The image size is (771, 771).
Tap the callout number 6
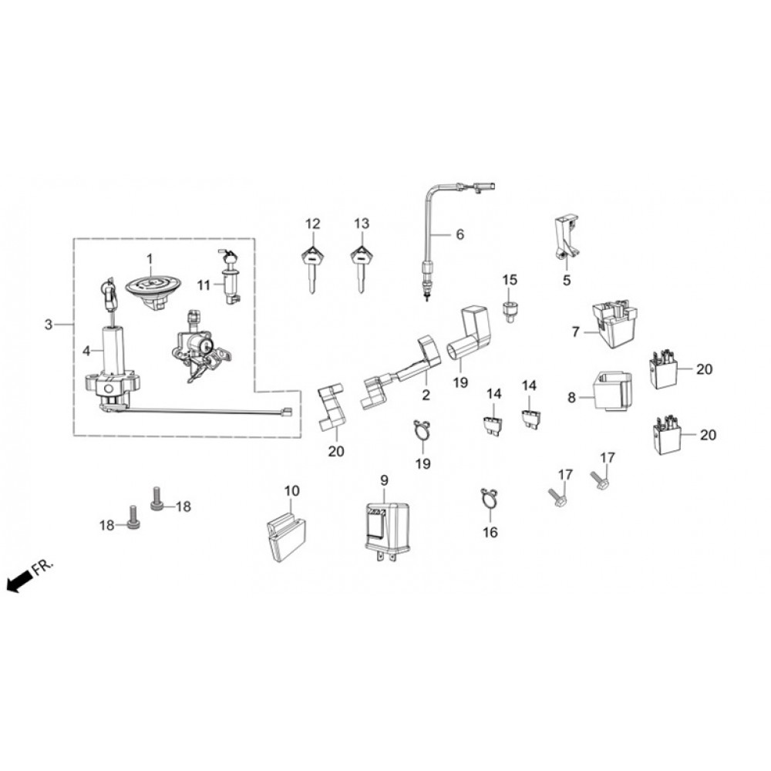point(460,234)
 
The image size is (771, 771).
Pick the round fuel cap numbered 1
point(153,290)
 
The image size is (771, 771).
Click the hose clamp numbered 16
point(490,498)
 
